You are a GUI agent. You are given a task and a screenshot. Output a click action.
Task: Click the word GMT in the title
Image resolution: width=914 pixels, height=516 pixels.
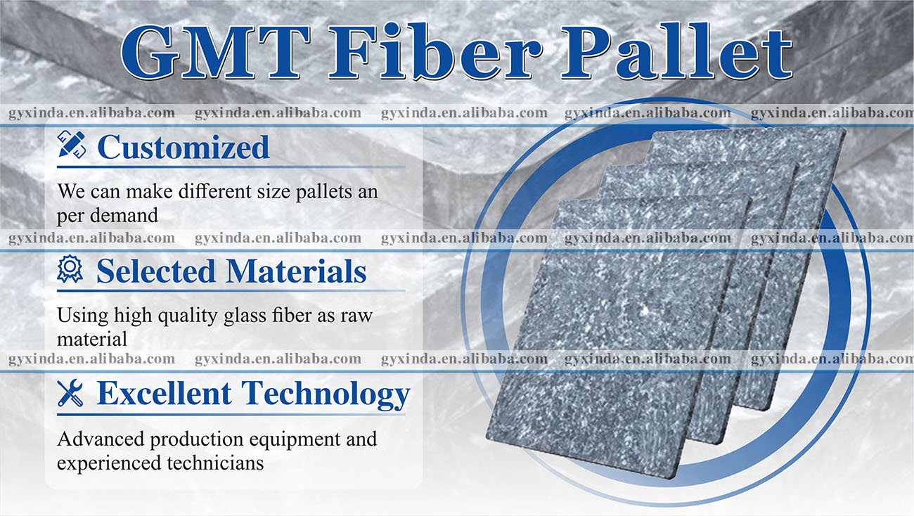point(215,52)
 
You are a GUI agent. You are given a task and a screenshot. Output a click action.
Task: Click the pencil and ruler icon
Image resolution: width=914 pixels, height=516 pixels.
point(72,144)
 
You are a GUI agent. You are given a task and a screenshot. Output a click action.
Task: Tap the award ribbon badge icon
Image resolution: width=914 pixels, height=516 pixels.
point(70,269)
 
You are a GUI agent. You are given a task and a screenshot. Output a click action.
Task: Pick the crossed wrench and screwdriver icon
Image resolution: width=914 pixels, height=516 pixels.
point(70,393)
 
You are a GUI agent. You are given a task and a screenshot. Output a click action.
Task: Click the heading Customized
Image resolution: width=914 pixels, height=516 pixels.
point(184,147)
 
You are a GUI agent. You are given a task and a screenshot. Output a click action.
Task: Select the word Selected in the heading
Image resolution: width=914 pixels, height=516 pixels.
point(156,271)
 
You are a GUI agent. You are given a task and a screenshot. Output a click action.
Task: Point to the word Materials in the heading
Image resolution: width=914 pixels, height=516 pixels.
point(297,271)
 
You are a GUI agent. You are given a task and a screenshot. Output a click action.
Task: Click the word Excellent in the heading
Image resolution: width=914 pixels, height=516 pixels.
point(164,393)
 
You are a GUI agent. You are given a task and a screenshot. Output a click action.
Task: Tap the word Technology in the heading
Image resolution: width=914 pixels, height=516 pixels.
point(326,395)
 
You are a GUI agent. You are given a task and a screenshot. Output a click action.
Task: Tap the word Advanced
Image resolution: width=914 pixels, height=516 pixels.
point(101,439)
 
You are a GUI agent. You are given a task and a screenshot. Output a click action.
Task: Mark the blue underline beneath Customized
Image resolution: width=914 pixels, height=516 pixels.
point(231,167)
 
